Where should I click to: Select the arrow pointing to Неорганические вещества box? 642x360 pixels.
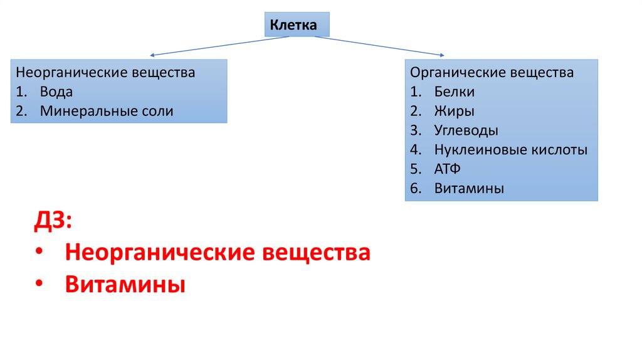(x=219, y=46)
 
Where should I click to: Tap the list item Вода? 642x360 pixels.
(x=56, y=92)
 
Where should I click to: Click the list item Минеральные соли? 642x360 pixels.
(x=106, y=112)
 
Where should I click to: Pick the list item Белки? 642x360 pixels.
(x=454, y=92)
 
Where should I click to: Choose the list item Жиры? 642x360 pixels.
(x=454, y=112)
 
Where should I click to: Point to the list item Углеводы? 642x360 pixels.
(x=466, y=131)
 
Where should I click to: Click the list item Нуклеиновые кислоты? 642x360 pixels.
(x=510, y=150)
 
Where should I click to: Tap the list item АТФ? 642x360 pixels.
(x=447, y=169)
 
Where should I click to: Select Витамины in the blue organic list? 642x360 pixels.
(x=468, y=188)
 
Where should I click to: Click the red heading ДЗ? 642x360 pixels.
(x=53, y=221)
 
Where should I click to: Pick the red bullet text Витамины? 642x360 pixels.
(x=125, y=285)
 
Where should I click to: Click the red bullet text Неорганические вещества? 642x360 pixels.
(x=217, y=253)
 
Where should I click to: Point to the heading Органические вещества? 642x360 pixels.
(x=492, y=73)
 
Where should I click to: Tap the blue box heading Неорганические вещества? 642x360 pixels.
(x=105, y=73)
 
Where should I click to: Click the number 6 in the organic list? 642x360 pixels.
(x=414, y=188)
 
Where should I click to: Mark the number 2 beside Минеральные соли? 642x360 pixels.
(x=21, y=112)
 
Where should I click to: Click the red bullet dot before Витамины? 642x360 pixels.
(x=39, y=284)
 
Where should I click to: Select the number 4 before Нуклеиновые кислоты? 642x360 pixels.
(x=414, y=150)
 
